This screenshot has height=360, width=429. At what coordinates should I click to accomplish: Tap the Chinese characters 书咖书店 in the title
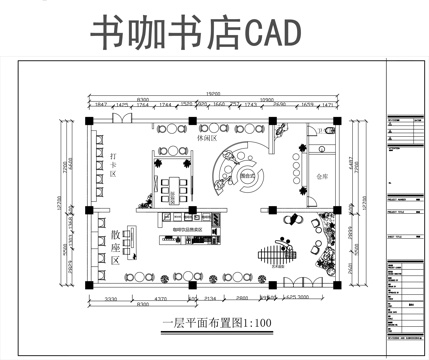[164, 35]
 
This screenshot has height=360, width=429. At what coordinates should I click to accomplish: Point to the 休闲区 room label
[209, 139]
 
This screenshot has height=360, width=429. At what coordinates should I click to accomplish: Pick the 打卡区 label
[115, 165]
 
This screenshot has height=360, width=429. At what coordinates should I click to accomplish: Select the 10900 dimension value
[267, 100]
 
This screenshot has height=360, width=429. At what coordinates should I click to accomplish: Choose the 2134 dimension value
[211, 298]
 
